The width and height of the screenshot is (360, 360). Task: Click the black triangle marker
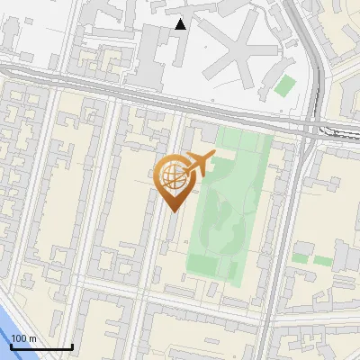coord(181,24)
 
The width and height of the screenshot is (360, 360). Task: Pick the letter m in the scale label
coord(33,338)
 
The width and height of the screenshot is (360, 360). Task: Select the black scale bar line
coord(41,346)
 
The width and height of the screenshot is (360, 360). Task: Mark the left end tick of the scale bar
coord(12,345)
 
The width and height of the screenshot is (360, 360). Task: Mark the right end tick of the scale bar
coord(72,345)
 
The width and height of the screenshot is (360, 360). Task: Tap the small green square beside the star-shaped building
coord(285,86)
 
